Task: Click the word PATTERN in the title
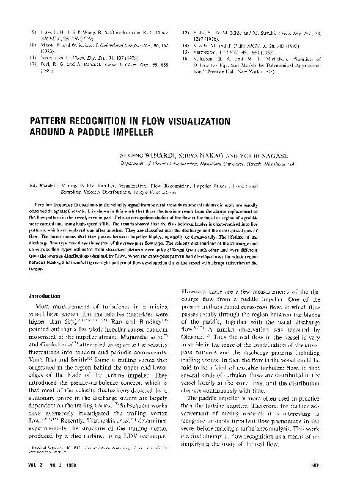(50, 120)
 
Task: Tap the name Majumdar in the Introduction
(138, 334)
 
